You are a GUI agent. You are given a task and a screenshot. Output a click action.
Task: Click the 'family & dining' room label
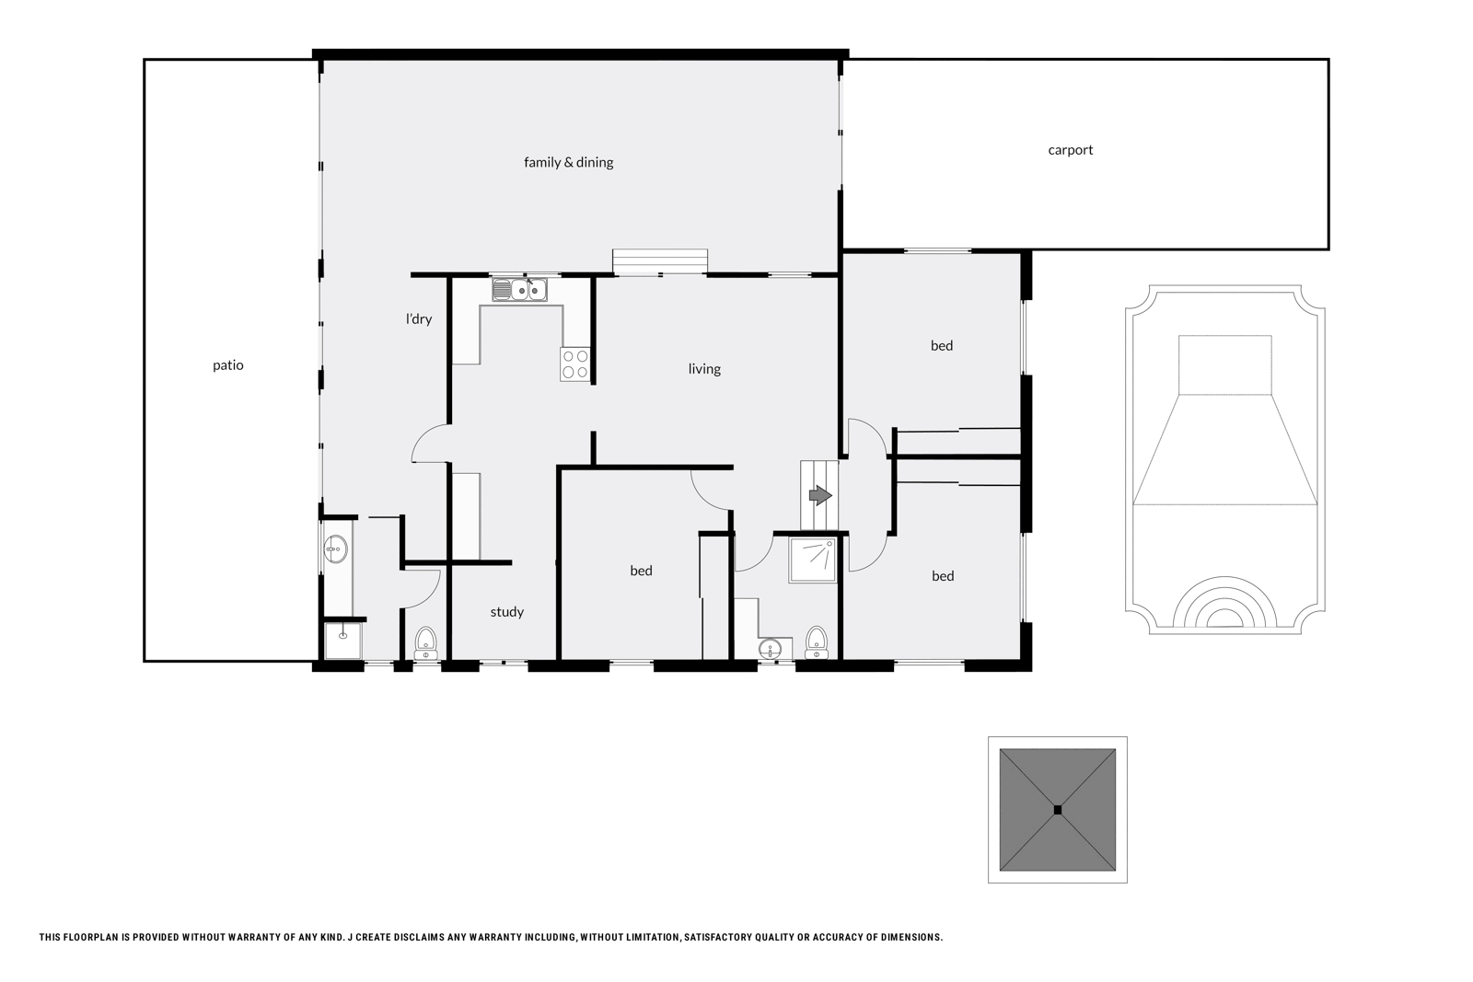pyautogui.click(x=568, y=162)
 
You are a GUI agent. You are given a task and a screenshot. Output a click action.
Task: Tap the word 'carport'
pyautogui.click(x=1070, y=150)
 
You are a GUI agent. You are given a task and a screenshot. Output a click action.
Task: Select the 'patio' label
pyautogui.click(x=228, y=365)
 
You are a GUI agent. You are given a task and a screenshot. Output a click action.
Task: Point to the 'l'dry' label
pyautogui.click(x=419, y=319)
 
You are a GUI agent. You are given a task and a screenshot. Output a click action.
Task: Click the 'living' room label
pyautogui.click(x=704, y=369)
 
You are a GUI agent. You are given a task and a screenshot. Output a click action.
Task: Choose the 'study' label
pyautogui.click(x=506, y=612)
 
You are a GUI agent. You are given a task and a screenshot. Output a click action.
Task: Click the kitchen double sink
pyautogui.click(x=519, y=291)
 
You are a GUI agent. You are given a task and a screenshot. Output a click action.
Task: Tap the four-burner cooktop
pyautogui.click(x=575, y=364)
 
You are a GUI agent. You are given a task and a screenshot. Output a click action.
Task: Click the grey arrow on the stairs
pyautogui.click(x=819, y=496)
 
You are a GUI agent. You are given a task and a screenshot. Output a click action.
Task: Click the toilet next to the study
pyautogui.click(x=425, y=641)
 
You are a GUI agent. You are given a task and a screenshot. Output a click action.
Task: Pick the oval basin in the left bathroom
pyautogui.click(x=336, y=550)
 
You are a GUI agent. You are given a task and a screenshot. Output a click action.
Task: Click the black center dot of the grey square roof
pyautogui.click(x=1057, y=810)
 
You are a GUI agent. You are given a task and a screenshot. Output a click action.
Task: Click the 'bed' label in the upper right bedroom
pyautogui.click(x=941, y=346)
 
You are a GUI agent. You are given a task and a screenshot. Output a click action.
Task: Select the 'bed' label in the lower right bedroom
pyautogui.click(x=942, y=576)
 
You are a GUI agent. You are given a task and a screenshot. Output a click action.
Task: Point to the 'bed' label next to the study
pyautogui.click(x=641, y=571)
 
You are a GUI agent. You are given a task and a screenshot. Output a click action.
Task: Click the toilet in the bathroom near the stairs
pyautogui.click(x=816, y=641)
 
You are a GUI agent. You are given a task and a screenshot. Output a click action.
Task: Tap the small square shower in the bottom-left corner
pyautogui.click(x=343, y=641)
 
